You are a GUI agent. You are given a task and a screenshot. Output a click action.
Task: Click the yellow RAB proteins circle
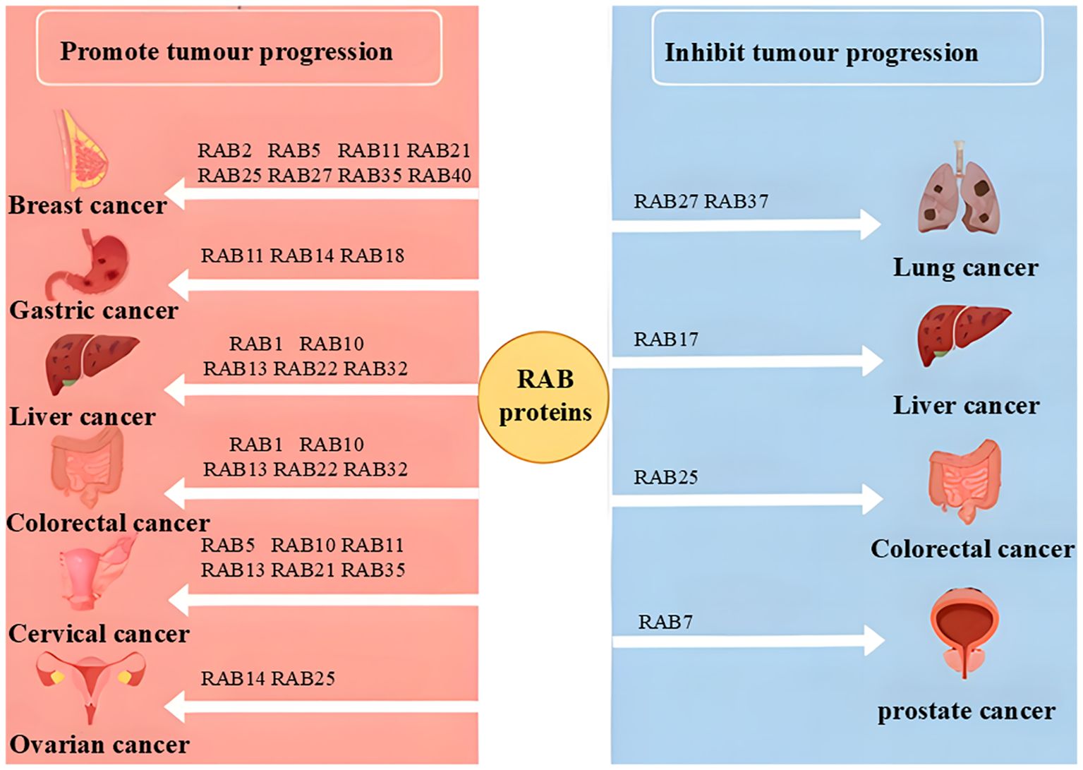coord(544,397)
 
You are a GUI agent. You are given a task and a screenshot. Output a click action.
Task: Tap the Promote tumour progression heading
coord(226,52)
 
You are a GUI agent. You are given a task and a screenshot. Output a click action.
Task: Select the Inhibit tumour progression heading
coord(821,53)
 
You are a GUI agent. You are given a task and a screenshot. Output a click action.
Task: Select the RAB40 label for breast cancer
coord(439,175)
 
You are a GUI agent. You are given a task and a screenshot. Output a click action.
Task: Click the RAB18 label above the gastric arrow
coord(372,255)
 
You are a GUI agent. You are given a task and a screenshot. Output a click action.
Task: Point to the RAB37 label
coord(736,201)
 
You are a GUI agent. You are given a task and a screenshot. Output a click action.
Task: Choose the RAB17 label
coord(666,339)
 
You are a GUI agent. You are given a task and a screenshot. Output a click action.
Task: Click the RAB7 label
coord(666,622)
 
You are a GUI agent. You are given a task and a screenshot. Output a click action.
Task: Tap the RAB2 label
coord(225,150)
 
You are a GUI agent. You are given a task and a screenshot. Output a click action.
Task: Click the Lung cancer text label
coord(965,268)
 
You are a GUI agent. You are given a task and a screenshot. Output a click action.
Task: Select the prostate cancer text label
coord(967,711)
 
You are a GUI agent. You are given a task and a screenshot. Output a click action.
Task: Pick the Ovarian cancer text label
coord(99,745)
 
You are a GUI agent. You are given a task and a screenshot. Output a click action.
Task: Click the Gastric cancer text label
coord(94,311)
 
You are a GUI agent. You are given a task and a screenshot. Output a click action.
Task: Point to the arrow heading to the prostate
coord(749,642)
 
